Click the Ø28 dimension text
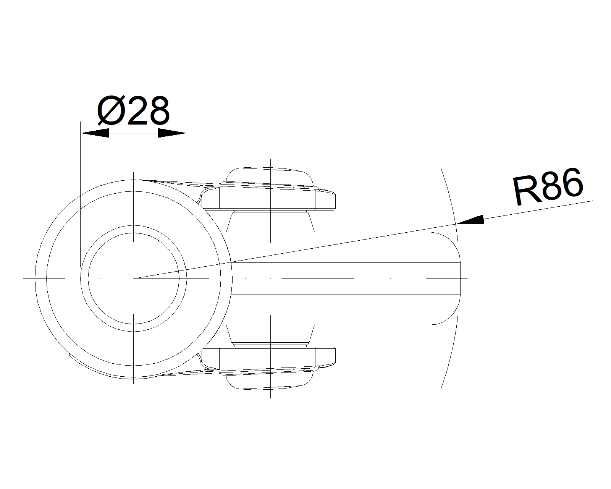click(133, 110)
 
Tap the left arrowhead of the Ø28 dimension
click(95, 133)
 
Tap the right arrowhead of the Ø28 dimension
click(172, 133)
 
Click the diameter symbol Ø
click(111, 110)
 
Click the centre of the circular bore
click(133, 279)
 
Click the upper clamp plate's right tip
click(335, 202)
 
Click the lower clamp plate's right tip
click(335, 355)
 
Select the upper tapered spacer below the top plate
click(270, 222)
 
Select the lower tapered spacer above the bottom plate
click(270, 335)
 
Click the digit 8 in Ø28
click(159, 110)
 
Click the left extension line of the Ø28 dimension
click(80, 194)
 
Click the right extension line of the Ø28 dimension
click(187, 194)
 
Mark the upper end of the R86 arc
click(441, 168)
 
